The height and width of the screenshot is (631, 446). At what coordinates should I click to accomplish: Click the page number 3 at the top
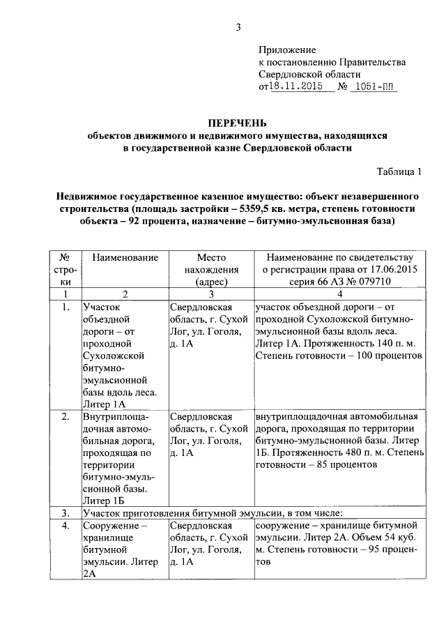point(238,28)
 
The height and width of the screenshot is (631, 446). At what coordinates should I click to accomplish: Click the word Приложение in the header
point(287,50)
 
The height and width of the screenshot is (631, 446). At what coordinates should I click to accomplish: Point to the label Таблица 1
point(399,171)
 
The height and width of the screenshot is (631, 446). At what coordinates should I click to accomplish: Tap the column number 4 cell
point(340,294)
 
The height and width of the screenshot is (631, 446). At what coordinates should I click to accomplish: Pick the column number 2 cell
point(124,294)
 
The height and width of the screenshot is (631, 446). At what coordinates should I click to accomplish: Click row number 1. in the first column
point(65,306)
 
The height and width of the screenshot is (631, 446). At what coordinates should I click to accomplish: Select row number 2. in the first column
point(65,417)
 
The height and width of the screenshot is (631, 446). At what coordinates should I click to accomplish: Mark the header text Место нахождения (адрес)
point(211,270)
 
